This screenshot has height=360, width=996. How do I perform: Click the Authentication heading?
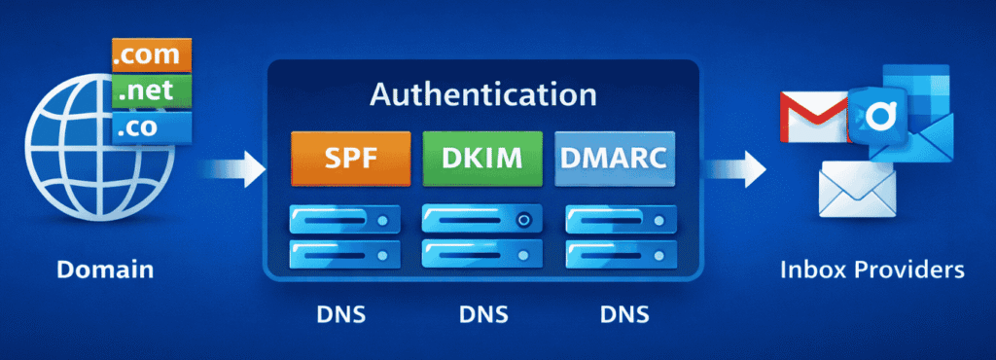point(483,95)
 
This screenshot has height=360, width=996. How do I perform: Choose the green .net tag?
point(148,91)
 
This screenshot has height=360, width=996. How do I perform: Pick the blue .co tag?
point(148,126)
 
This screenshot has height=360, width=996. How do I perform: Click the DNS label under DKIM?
point(483,314)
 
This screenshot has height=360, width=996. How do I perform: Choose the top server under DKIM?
point(483,220)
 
